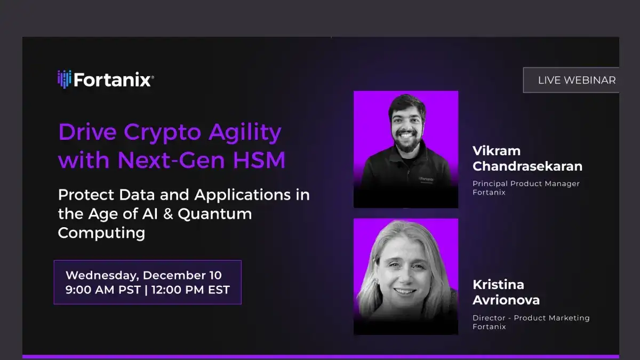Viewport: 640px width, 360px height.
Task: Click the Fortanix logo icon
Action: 64,79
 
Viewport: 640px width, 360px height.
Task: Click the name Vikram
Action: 496,150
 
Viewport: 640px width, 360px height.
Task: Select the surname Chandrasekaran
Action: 527,166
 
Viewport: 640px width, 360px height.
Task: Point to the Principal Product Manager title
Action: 526,183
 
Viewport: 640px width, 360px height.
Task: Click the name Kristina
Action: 498,284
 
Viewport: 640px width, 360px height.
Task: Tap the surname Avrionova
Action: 506,300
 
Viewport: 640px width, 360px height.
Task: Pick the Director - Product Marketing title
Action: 531,318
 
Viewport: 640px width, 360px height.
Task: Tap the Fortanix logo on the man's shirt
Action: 426,179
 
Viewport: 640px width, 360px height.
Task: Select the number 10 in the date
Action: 215,275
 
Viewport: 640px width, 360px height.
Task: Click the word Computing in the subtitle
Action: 101,233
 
